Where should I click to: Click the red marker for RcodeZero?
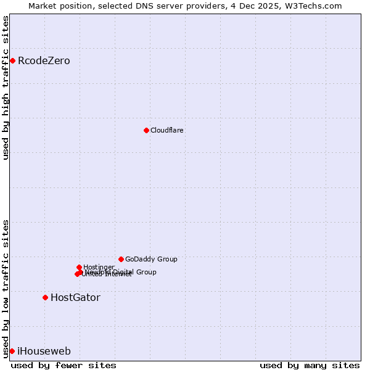pos(12,60)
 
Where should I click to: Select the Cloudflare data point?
pos(146,130)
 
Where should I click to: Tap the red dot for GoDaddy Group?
pos(121,259)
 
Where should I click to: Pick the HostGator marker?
pos(45,297)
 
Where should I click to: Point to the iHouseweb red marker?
pos(12,351)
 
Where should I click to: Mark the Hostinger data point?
pos(79,267)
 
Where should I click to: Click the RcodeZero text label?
pos(44,60)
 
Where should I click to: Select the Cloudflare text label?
pos(167,130)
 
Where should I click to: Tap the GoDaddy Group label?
pos(151,259)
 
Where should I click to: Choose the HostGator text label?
pos(75,297)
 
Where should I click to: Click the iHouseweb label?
pos(44,351)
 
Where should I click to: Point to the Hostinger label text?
pos(99,267)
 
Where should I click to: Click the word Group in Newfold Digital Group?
pos(146,272)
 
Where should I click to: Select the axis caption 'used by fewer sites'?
pos(64,365)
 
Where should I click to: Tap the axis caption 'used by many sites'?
pos(310,365)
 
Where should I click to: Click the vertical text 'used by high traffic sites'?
pos(6,88)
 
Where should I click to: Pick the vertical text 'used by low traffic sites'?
pos(6,288)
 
